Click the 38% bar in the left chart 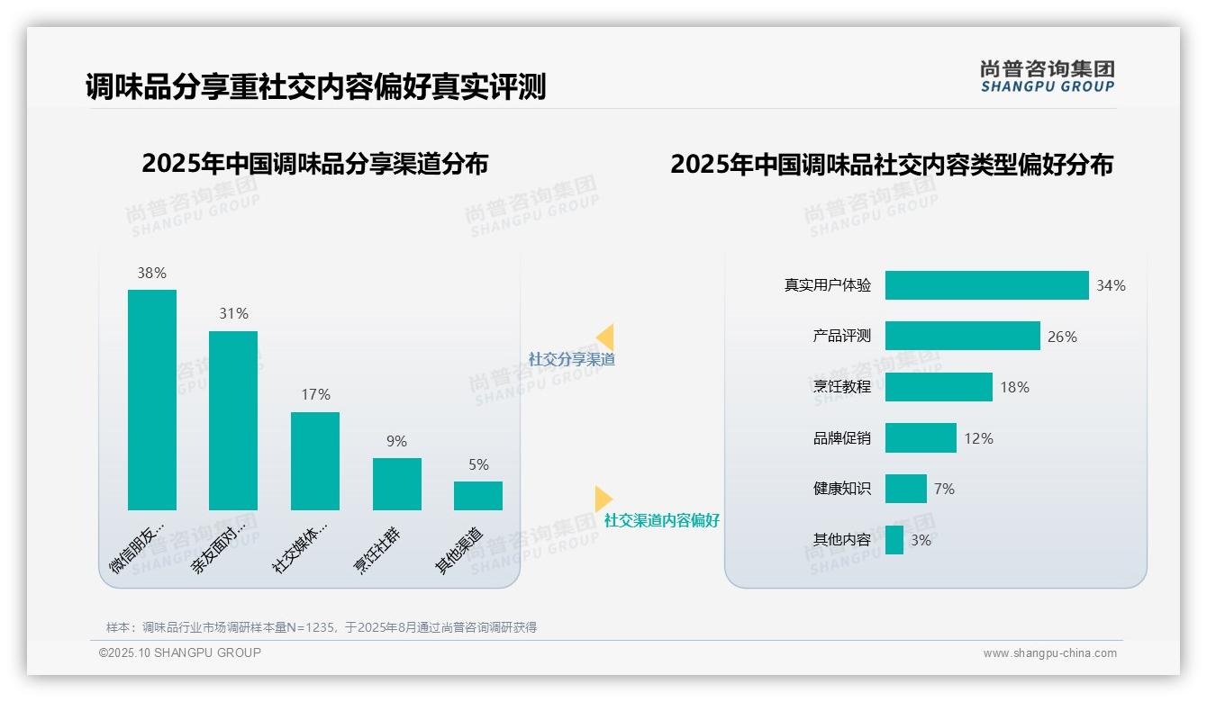pyautogui.click(x=152, y=400)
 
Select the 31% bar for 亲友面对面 pyautogui.click(x=233, y=420)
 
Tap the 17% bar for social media pyautogui.click(x=315, y=461)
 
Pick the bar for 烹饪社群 pyautogui.click(x=397, y=484)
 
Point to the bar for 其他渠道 pyautogui.click(x=478, y=496)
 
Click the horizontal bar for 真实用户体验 pyautogui.click(x=986, y=285)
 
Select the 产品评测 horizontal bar pyautogui.click(x=962, y=336)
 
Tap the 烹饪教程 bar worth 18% pyautogui.click(x=939, y=387)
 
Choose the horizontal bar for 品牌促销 pyautogui.click(x=921, y=438)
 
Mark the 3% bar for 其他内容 pyautogui.click(x=894, y=540)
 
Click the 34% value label pyautogui.click(x=1111, y=285)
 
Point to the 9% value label pyautogui.click(x=396, y=441)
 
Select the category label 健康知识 pyautogui.click(x=842, y=489)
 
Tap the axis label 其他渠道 pyautogui.click(x=459, y=551)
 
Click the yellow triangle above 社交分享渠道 pyautogui.click(x=605, y=337)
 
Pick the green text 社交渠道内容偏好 pyautogui.click(x=662, y=520)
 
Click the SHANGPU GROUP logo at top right pyautogui.click(x=1048, y=76)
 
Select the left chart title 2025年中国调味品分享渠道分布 pyautogui.click(x=315, y=164)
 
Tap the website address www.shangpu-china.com pyautogui.click(x=1049, y=653)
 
